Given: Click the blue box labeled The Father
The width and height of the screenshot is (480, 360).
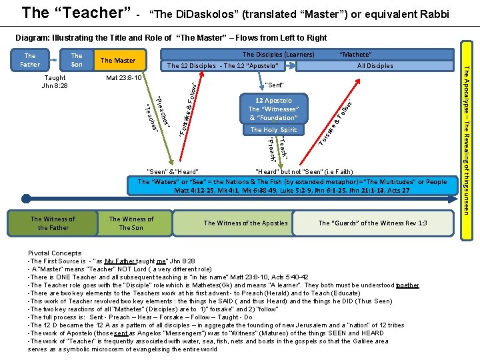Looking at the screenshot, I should coord(30,60).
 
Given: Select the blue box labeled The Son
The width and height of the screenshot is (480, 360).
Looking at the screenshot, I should coord(77,60).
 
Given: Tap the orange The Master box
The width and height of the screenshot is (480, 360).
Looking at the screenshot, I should coord(118,61).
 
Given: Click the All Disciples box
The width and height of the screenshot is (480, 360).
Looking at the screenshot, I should coord(375,66).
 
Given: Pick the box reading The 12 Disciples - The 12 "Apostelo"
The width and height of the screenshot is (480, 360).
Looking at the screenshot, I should coord(222,66).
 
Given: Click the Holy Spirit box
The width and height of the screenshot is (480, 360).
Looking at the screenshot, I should coord(273,130).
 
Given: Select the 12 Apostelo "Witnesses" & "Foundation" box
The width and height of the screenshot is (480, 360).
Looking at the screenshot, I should coord(273,109).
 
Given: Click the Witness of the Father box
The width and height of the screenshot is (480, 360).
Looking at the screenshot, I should coord(53,223).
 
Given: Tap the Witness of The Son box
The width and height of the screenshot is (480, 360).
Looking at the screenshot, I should coord(131,223).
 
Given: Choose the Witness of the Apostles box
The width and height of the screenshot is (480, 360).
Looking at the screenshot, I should coord(245,223).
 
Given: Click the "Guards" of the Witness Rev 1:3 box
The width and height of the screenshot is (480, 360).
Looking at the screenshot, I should coord(372,223).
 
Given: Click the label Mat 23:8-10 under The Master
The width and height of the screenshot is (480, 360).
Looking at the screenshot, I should coord(125,78).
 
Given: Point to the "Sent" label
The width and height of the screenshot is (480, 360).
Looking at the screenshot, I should coord(275,85).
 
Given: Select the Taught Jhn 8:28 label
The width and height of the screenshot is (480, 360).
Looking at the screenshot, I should coord(55,81).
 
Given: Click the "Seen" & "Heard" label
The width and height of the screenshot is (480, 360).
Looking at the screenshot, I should coord(172,172).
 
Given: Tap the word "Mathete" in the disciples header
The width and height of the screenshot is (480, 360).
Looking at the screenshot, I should coord(355,55).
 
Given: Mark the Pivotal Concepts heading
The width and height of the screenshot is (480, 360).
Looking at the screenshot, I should coord(55,253).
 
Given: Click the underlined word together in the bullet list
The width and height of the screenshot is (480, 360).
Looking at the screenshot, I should coord(407,285).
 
